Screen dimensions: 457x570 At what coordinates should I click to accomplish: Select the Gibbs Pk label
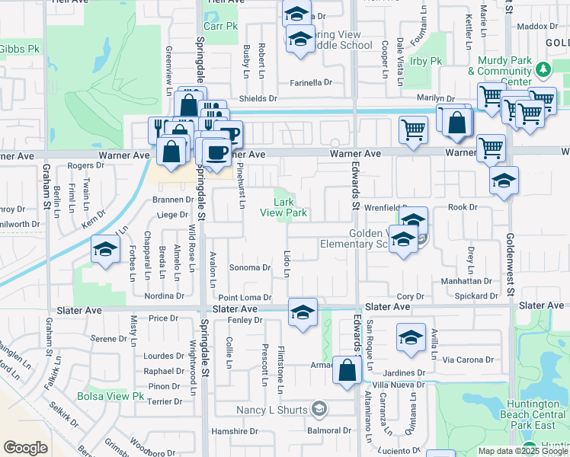(x=19, y=49)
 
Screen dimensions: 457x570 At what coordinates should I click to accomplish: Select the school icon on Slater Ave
(x=303, y=312)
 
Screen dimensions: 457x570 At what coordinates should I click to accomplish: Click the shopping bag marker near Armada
(x=347, y=372)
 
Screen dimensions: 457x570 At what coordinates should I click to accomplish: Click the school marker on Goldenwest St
(x=504, y=181)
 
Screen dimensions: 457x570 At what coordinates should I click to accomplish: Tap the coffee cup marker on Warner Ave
(x=216, y=152)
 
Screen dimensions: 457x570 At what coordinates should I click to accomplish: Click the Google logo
(x=25, y=447)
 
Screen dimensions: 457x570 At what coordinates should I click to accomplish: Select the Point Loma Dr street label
(x=245, y=297)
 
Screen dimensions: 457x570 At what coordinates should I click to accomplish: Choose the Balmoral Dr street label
(x=329, y=430)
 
